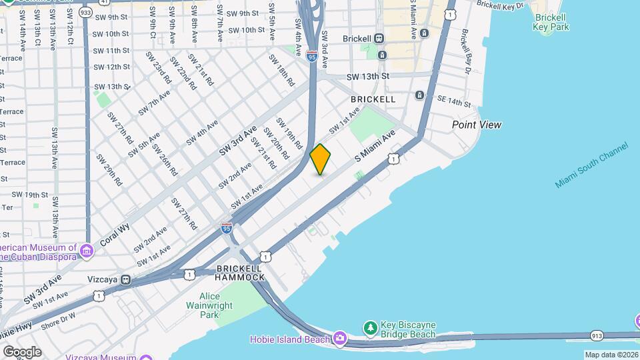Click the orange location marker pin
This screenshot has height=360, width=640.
coord(321,159)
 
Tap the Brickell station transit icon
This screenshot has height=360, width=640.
coord(379,38)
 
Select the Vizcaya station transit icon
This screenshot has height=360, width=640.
coord(125,280)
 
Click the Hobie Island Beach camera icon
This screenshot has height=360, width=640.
coord(340,339)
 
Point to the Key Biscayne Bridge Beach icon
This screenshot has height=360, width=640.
coord(371,327)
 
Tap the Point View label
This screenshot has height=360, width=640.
coord(476,125)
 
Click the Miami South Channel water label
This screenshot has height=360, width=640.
coord(592,165)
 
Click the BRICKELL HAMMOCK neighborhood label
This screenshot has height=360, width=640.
coord(240,272)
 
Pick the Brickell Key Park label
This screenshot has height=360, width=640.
coord(550,22)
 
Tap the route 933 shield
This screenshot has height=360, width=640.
coord(85,12)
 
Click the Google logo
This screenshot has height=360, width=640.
coord(22,351)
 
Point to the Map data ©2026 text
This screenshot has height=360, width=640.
coord(611,355)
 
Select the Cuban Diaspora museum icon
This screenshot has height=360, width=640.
coord(86,251)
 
